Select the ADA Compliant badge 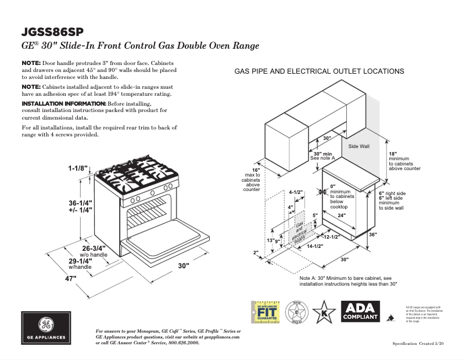[x=360, y=311]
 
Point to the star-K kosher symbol [x=324, y=311]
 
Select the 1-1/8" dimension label [x=77, y=168]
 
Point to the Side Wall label [x=359, y=146]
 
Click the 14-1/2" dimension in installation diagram [x=314, y=246]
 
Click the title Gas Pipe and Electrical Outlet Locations [x=319, y=71]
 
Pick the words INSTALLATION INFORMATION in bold [x=64, y=103]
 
